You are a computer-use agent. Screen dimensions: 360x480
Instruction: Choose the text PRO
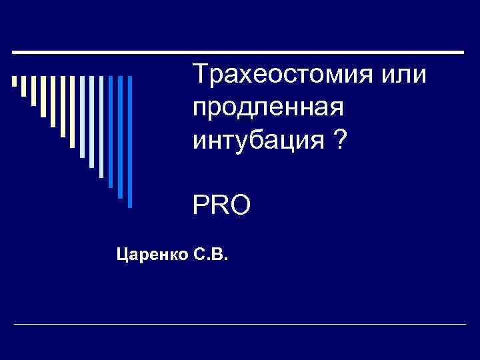[x=221, y=205]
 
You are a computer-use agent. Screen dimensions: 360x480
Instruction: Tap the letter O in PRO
[x=239, y=205]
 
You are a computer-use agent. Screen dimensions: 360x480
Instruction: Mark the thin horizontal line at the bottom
[x=240, y=324]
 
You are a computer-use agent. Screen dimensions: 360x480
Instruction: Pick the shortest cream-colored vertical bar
[x=14, y=81]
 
